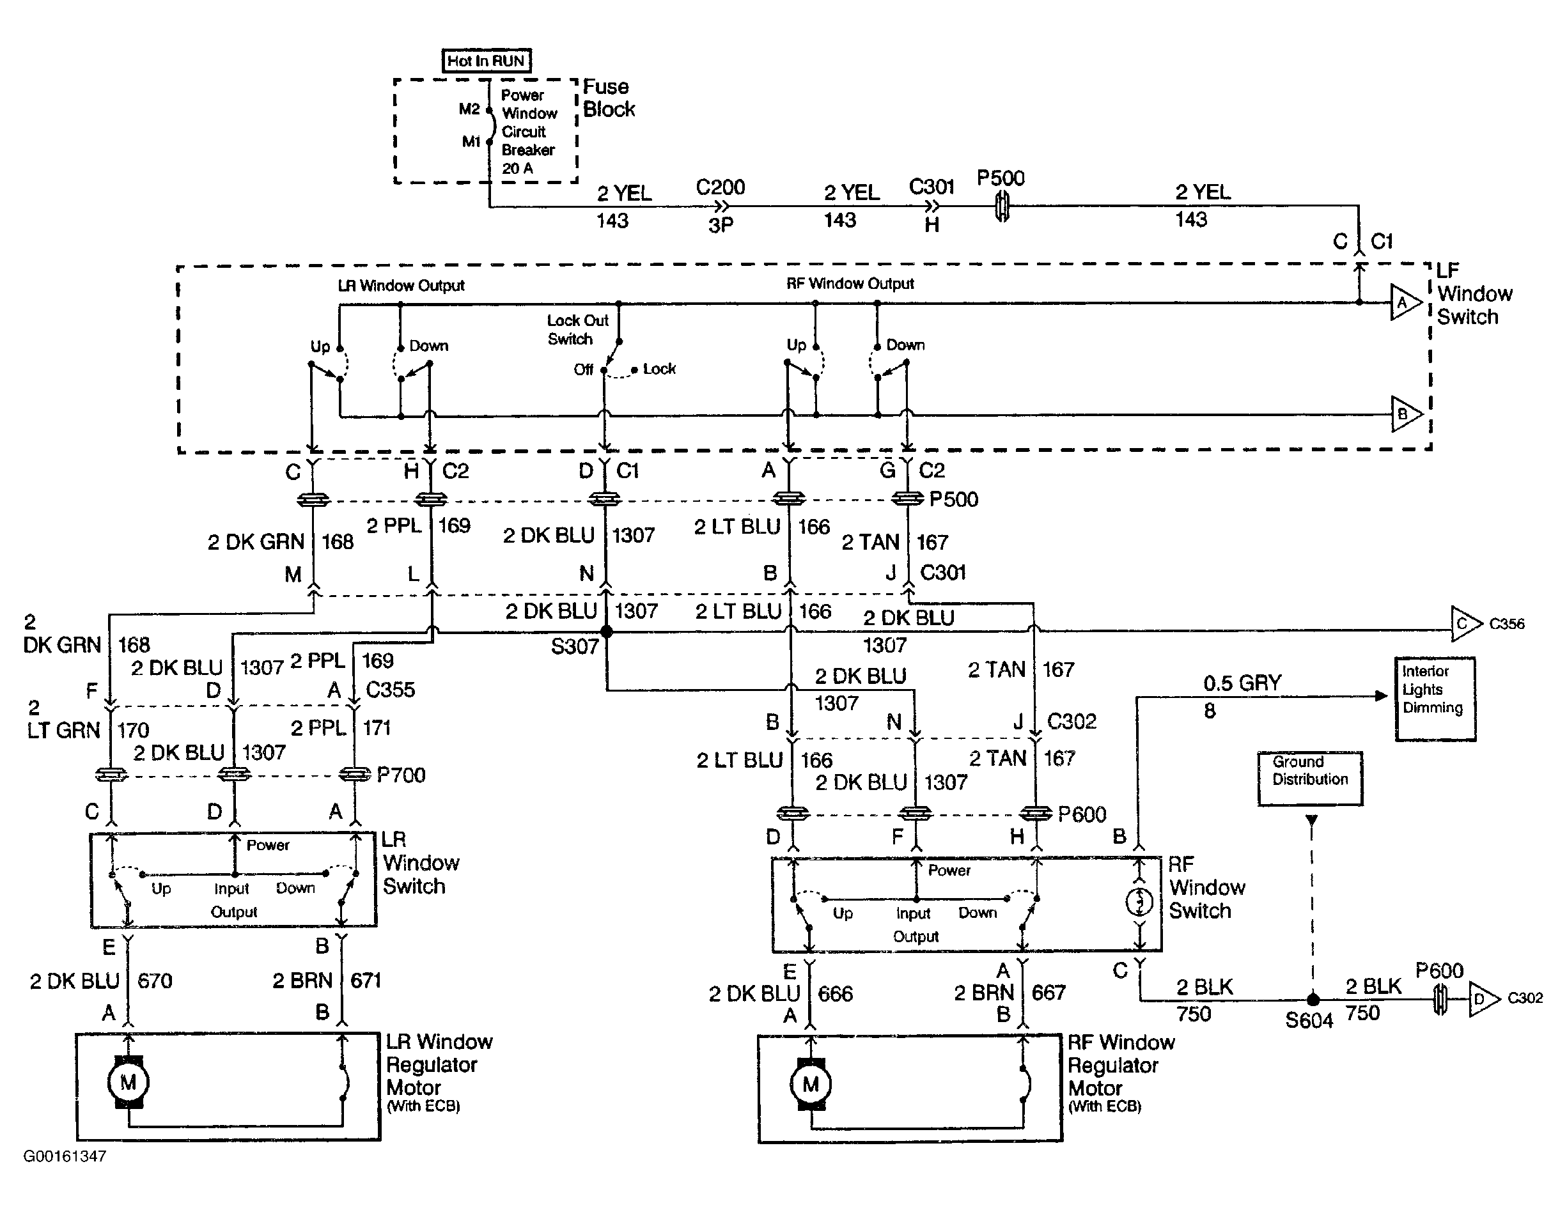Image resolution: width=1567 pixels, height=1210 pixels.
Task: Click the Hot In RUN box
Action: [487, 61]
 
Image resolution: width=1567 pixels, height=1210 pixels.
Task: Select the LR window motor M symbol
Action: [128, 1082]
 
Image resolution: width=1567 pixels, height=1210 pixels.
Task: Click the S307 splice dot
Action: [606, 631]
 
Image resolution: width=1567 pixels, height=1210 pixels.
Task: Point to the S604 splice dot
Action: [1313, 999]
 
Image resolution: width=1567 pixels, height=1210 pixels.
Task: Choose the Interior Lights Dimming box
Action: [1435, 699]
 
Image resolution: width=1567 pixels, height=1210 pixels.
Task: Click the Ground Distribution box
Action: [1310, 778]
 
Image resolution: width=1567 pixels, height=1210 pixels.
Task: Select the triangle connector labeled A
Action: [1405, 303]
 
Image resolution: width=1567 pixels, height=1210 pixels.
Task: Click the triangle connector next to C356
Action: [1466, 623]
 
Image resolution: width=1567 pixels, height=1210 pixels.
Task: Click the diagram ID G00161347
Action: [65, 1156]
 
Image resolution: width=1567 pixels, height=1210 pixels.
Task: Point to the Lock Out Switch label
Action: [577, 329]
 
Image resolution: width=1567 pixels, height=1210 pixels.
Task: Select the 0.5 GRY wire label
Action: [1242, 683]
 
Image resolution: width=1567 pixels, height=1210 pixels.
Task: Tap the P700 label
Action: [401, 775]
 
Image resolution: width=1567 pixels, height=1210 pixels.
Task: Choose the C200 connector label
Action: [721, 187]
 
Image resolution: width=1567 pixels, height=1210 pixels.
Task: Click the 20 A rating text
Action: [517, 169]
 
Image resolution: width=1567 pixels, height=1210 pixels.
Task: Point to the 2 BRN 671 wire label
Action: [327, 980]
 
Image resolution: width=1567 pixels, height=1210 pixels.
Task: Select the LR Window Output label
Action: [401, 286]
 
